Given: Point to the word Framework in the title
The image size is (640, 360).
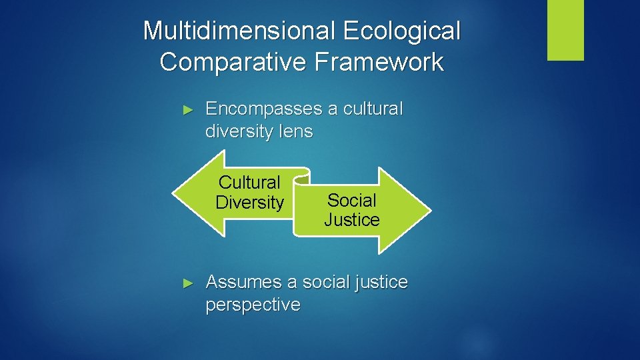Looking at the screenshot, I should (380, 62).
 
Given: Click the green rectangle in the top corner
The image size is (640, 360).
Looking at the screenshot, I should (565, 29).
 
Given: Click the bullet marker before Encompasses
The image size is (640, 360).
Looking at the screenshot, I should (188, 109).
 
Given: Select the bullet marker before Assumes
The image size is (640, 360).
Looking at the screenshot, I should (188, 283).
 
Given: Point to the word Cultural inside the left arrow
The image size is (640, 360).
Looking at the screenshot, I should (250, 182).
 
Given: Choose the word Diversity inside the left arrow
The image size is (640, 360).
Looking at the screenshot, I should (250, 203).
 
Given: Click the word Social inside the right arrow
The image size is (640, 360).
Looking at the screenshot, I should (352, 200).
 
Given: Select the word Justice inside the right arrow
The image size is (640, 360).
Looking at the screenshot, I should (352, 220).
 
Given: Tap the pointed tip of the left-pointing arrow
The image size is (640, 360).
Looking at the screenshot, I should (174, 193).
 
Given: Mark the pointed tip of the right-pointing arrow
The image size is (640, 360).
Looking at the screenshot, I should (430, 211).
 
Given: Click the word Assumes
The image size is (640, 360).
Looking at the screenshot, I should (244, 282).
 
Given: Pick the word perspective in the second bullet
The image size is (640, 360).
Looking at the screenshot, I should (253, 305).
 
